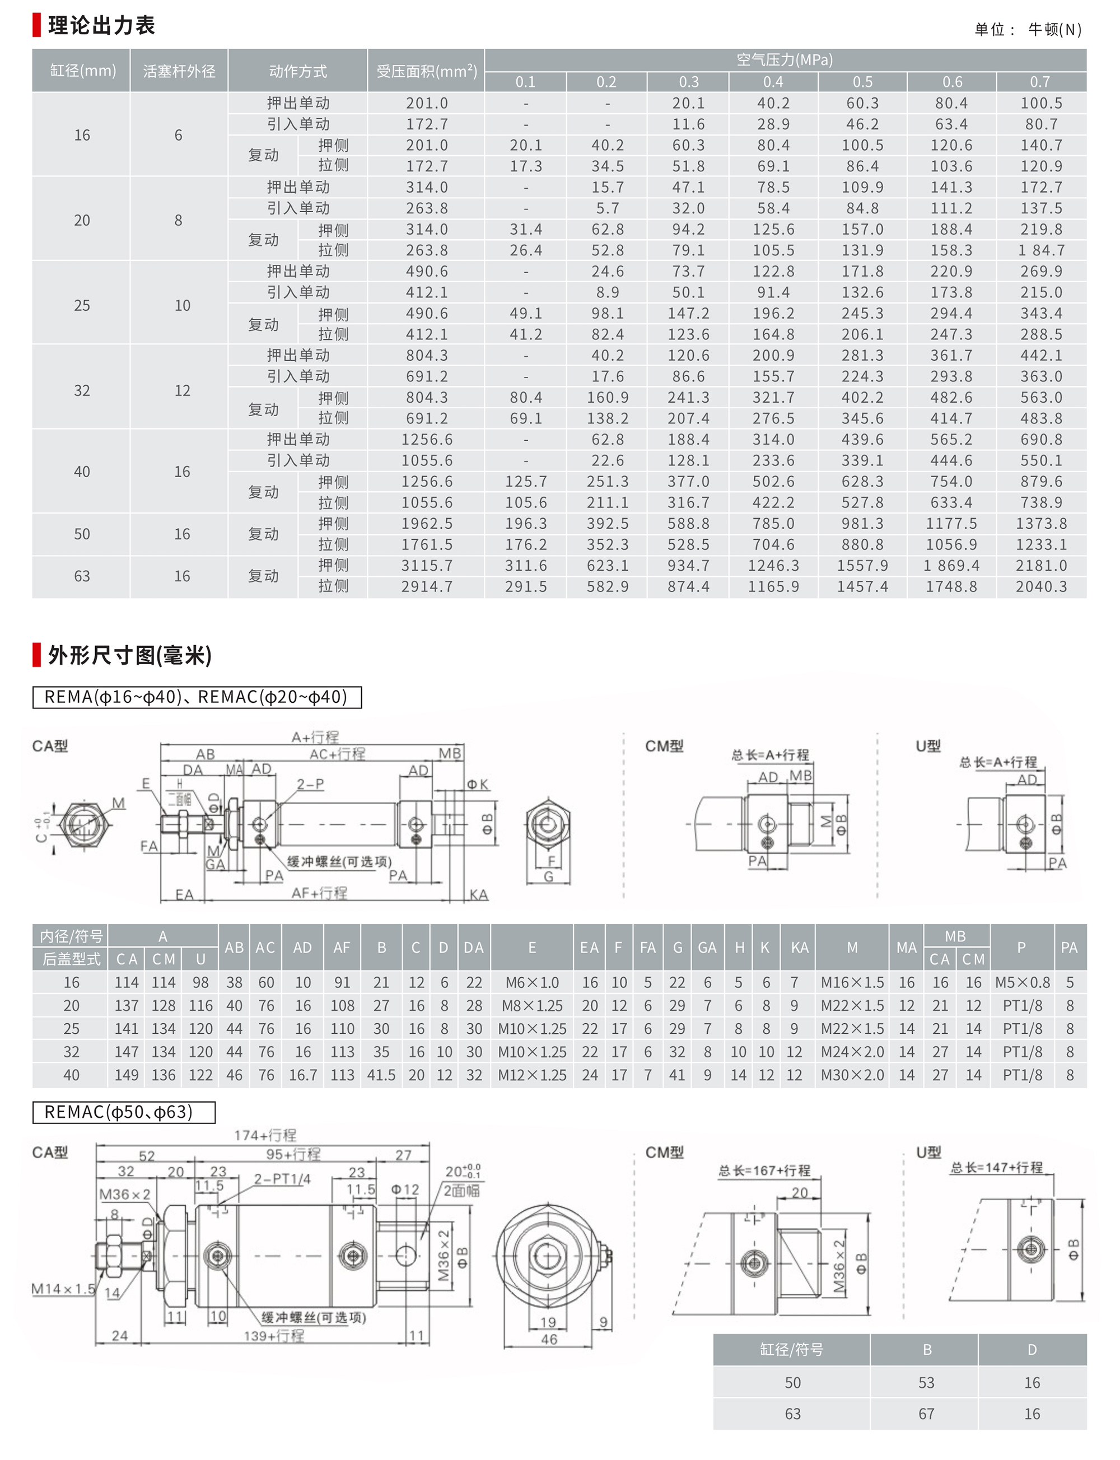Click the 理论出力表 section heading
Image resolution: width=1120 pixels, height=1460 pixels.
(x=101, y=25)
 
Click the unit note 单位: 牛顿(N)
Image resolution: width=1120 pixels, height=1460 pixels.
(x=1028, y=29)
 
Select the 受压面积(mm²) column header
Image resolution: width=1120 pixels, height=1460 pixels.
(x=427, y=71)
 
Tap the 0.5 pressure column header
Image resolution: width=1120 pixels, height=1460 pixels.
(x=862, y=82)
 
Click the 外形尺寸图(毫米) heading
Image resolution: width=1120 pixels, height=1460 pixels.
(x=129, y=655)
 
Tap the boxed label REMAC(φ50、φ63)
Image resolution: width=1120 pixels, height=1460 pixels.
(x=124, y=1112)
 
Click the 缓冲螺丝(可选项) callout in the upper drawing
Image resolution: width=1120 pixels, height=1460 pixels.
(x=339, y=861)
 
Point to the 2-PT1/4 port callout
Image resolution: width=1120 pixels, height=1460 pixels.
(x=282, y=1179)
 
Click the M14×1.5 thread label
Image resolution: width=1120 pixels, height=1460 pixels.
(x=63, y=1289)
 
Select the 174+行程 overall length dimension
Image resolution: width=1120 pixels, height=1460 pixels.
(x=265, y=1135)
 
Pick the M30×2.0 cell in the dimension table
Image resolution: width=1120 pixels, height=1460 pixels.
(x=852, y=1075)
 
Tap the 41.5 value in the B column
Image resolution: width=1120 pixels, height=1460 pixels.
(x=381, y=1075)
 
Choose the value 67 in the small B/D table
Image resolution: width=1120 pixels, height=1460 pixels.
(x=926, y=1414)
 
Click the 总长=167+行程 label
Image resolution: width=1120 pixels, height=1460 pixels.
(x=764, y=1170)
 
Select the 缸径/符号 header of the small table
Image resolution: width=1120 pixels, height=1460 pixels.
(x=791, y=1349)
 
